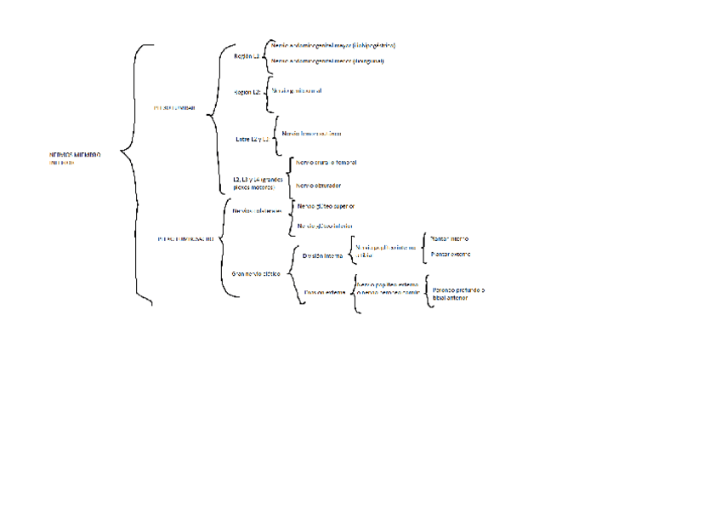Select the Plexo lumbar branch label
coord(175,108)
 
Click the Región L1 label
coord(246,55)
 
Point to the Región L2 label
coord(247,92)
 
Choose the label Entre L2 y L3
coord(252,137)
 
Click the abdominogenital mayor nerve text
coord(332,45)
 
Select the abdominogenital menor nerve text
coord(327,61)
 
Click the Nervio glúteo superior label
coord(326,206)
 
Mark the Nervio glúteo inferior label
coord(324,226)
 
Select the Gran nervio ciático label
coord(256,273)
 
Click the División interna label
coord(322,255)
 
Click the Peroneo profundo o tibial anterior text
coord(458,294)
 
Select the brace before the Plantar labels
coord(424,247)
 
